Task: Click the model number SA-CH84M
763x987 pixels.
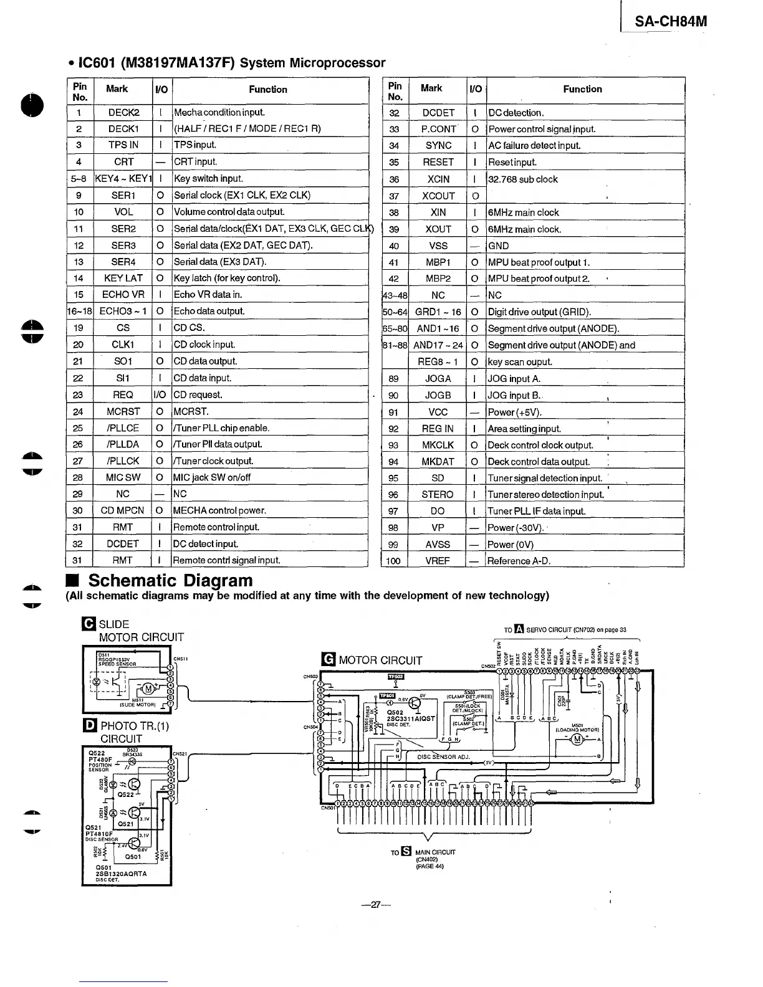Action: (x=671, y=22)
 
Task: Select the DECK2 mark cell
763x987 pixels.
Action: (x=123, y=113)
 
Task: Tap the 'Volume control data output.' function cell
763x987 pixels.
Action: (x=229, y=212)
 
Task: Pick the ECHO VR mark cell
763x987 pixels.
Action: (x=123, y=295)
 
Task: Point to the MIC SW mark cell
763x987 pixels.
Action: (x=123, y=477)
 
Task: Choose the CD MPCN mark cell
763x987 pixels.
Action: (x=123, y=510)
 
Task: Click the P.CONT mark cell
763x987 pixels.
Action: (x=438, y=129)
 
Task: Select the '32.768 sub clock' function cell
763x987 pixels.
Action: (x=523, y=179)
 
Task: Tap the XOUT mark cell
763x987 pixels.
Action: (x=438, y=229)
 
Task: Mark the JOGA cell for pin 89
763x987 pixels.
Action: (x=438, y=379)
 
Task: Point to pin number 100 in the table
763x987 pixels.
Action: (x=393, y=561)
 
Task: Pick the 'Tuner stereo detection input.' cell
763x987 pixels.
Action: (x=546, y=495)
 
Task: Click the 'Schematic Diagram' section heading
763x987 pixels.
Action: (x=170, y=581)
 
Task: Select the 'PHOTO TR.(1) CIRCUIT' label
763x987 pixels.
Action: (x=134, y=732)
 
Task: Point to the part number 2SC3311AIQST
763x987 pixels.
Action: (x=410, y=718)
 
